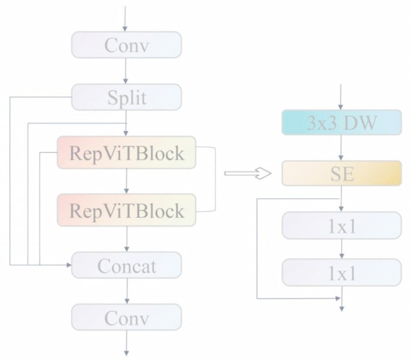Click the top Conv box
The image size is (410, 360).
(x=126, y=45)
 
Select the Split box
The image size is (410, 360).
(x=126, y=97)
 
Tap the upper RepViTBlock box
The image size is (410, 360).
(x=126, y=153)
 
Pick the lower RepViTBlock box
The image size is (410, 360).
(x=126, y=210)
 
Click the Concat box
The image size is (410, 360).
(x=126, y=265)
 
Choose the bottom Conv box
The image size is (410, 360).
(x=126, y=317)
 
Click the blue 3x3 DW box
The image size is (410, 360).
(x=341, y=123)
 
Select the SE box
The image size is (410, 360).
(x=341, y=174)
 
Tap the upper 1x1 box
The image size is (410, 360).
(x=341, y=225)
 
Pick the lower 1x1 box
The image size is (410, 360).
(x=341, y=273)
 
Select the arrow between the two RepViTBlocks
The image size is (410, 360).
(x=126, y=181)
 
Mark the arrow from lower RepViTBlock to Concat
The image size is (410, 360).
(x=126, y=239)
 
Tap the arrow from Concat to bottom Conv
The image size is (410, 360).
(x=126, y=291)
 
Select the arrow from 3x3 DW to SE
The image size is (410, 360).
(x=341, y=148)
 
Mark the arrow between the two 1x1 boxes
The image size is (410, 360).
(x=341, y=249)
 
